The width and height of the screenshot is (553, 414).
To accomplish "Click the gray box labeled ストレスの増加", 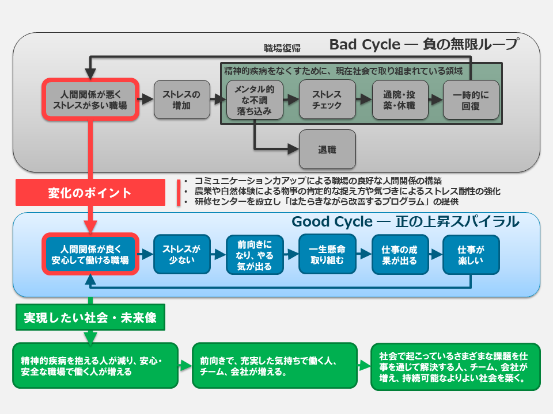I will tap(182, 99).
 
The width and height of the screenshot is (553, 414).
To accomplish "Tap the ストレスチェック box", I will tap(327, 99).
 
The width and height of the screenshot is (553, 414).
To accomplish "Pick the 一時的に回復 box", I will tap(471, 99).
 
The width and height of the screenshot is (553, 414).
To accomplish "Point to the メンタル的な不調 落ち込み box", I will tap(254, 99).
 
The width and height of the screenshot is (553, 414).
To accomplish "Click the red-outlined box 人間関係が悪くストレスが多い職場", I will tap(90, 99).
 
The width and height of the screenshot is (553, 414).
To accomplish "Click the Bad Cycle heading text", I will tap(423, 44).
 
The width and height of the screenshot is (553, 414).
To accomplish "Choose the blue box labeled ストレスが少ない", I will tap(181, 254).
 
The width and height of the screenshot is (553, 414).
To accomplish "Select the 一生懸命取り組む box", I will tap(327, 254).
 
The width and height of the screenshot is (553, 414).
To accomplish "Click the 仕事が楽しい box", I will tap(471, 254).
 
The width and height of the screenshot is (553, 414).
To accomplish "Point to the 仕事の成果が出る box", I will tap(399, 254).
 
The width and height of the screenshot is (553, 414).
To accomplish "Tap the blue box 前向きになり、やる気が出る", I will tap(254, 254).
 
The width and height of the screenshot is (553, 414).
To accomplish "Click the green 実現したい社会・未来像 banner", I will tap(90, 317).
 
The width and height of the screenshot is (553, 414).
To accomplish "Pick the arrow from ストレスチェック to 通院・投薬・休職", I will tap(362, 99).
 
